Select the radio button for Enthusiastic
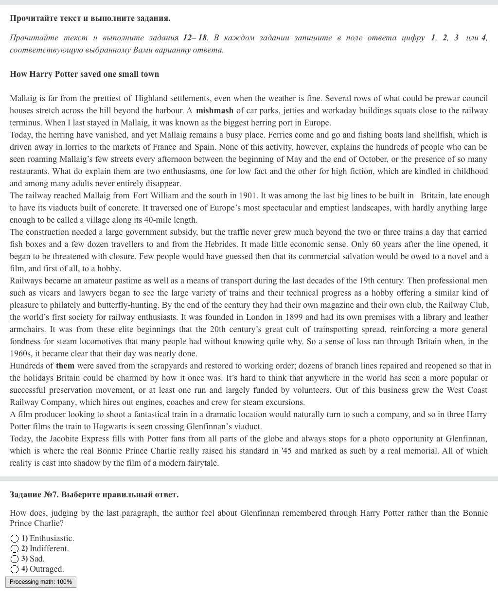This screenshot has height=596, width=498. click(x=15, y=539)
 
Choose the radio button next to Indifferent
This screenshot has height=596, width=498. click(x=15, y=549)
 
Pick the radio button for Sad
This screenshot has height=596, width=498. click(x=15, y=559)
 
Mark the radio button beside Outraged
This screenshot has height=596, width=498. click(x=15, y=569)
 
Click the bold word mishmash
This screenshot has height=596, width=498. click(x=214, y=110)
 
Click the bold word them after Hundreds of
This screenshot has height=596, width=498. click(x=65, y=366)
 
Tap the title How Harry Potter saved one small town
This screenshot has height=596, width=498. click(x=84, y=74)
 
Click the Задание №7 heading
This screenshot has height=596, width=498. click(x=94, y=494)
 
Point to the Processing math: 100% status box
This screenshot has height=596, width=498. click(x=41, y=582)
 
